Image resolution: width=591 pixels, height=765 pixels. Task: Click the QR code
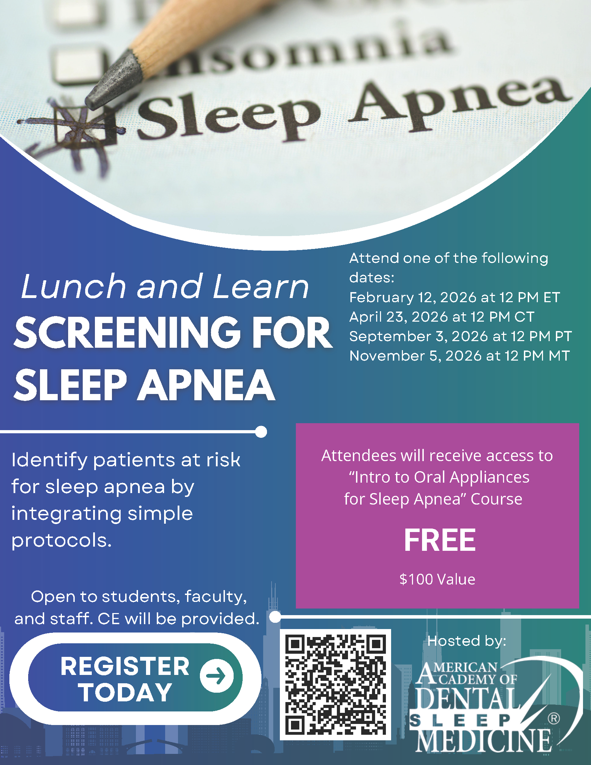tap(335, 684)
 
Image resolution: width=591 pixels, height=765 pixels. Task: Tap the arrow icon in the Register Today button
tap(217, 676)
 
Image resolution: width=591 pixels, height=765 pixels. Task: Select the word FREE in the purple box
tap(440, 540)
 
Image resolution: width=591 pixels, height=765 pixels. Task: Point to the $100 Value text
tap(437, 579)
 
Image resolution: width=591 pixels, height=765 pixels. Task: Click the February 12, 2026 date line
tap(454, 297)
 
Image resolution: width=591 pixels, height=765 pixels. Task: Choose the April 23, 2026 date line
tap(442, 317)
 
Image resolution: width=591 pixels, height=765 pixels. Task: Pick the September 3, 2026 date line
tap(460, 336)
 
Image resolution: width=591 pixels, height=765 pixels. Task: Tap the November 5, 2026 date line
tap(460, 356)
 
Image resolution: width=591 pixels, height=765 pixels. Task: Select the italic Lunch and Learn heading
tap(165, 286)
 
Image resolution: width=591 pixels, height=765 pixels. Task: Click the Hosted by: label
tap(467, 641)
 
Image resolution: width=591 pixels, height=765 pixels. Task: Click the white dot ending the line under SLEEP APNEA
tap(261, 432)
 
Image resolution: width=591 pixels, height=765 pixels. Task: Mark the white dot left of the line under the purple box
tap(275, 617)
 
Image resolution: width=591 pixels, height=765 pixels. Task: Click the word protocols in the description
tap(62, 540)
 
